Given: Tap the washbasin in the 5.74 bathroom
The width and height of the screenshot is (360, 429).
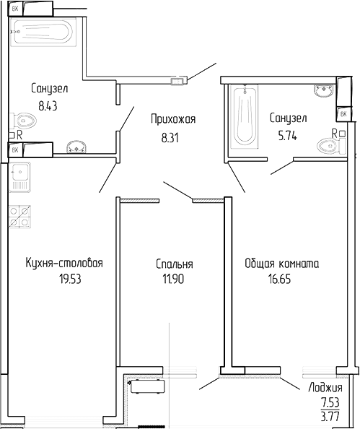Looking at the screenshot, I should click(323, 91).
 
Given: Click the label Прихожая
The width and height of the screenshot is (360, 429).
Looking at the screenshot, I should click(173, 119).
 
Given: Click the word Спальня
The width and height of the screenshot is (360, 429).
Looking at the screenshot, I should click(174, 264).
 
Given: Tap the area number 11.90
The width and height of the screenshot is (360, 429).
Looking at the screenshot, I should click(174, 279).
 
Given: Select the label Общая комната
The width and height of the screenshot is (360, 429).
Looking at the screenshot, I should click(281, 264).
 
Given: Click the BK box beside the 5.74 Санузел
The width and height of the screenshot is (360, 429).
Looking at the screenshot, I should click(343, 113).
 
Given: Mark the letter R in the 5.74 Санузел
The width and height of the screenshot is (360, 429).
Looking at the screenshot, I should click(334, 132).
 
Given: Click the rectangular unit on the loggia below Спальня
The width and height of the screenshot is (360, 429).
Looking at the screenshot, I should click(146, 389).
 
